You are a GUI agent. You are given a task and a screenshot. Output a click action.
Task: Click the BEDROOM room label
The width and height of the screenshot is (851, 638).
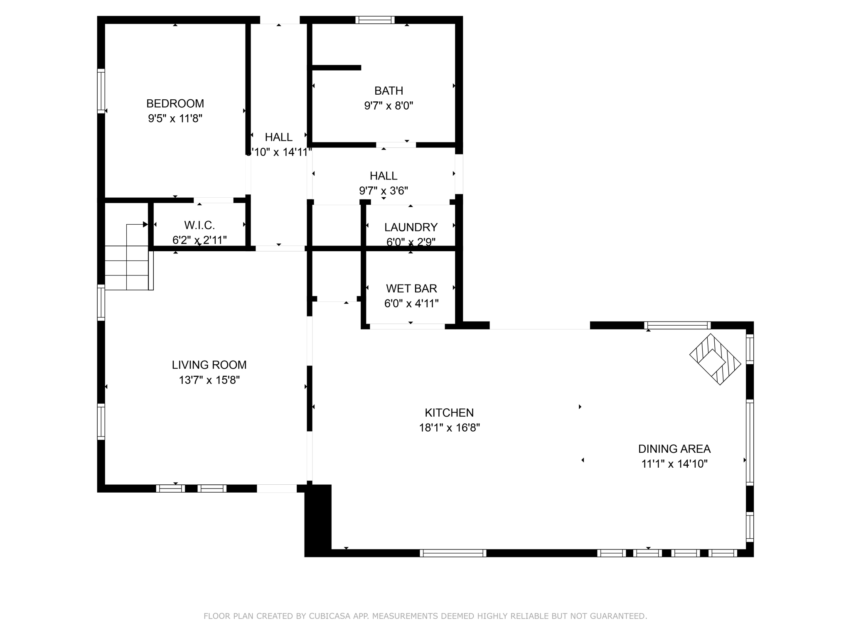pos(175,103)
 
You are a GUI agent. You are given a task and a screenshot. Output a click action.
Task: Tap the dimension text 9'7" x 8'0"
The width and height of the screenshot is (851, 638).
pos(389,106)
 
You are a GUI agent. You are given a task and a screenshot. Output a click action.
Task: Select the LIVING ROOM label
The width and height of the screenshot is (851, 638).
pos(209,365)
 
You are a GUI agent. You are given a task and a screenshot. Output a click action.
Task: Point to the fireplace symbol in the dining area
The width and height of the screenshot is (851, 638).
pos(715,360)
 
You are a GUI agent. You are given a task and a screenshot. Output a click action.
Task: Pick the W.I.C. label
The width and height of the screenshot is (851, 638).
pos(199,226)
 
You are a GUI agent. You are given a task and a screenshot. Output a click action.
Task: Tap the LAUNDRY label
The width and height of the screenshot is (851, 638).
pos(411,227)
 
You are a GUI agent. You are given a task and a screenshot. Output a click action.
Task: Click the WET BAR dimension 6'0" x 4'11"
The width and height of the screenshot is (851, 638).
pos(411,304)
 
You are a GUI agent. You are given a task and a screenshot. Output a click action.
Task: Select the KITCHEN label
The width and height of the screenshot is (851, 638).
pos(449,413)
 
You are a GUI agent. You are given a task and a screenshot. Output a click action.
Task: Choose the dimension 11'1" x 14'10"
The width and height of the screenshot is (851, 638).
pos(674,464)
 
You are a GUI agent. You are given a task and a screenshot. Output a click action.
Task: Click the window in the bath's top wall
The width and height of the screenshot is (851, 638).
pos(375,20)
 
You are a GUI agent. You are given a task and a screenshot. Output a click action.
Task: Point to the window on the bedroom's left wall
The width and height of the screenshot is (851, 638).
pos(101,91)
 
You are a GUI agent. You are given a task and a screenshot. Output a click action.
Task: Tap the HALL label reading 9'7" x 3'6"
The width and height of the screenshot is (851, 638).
pos(384,176)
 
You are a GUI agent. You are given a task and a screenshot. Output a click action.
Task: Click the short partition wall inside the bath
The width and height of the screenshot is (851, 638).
pos(336,68)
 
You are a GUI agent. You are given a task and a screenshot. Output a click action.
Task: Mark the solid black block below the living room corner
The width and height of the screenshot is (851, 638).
pos(318,519)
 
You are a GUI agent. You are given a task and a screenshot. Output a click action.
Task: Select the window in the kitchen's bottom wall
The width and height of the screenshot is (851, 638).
pos(453,553)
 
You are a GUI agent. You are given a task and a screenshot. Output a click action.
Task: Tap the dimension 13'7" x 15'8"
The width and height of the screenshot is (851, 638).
pos(209,380)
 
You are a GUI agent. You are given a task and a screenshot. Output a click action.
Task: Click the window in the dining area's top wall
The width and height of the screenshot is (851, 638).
pos(677,325)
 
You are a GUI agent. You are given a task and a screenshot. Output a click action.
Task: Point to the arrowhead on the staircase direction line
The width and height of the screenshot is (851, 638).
pos(145,224)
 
